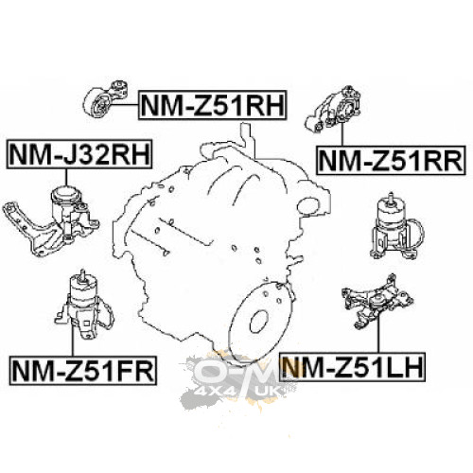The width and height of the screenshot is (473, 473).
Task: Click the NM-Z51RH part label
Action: pos(213,105)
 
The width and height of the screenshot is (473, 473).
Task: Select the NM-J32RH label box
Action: pos(79,154)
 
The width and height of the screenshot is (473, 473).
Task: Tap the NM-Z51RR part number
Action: pos(391,160)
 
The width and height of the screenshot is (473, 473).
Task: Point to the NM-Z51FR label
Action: pos(83,370)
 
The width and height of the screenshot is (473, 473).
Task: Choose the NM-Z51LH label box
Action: pos(353,367)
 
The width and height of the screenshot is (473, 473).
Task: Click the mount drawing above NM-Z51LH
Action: pos(377,302)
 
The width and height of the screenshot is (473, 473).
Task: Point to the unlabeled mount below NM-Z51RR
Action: pos(397,226)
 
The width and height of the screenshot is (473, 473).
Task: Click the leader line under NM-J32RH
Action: pos(66,177)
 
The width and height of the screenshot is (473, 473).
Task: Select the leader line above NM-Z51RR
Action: pos(342,132)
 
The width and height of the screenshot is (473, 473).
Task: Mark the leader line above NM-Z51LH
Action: pos(378,334)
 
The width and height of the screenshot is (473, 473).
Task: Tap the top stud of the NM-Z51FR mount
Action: pos(82,273)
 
